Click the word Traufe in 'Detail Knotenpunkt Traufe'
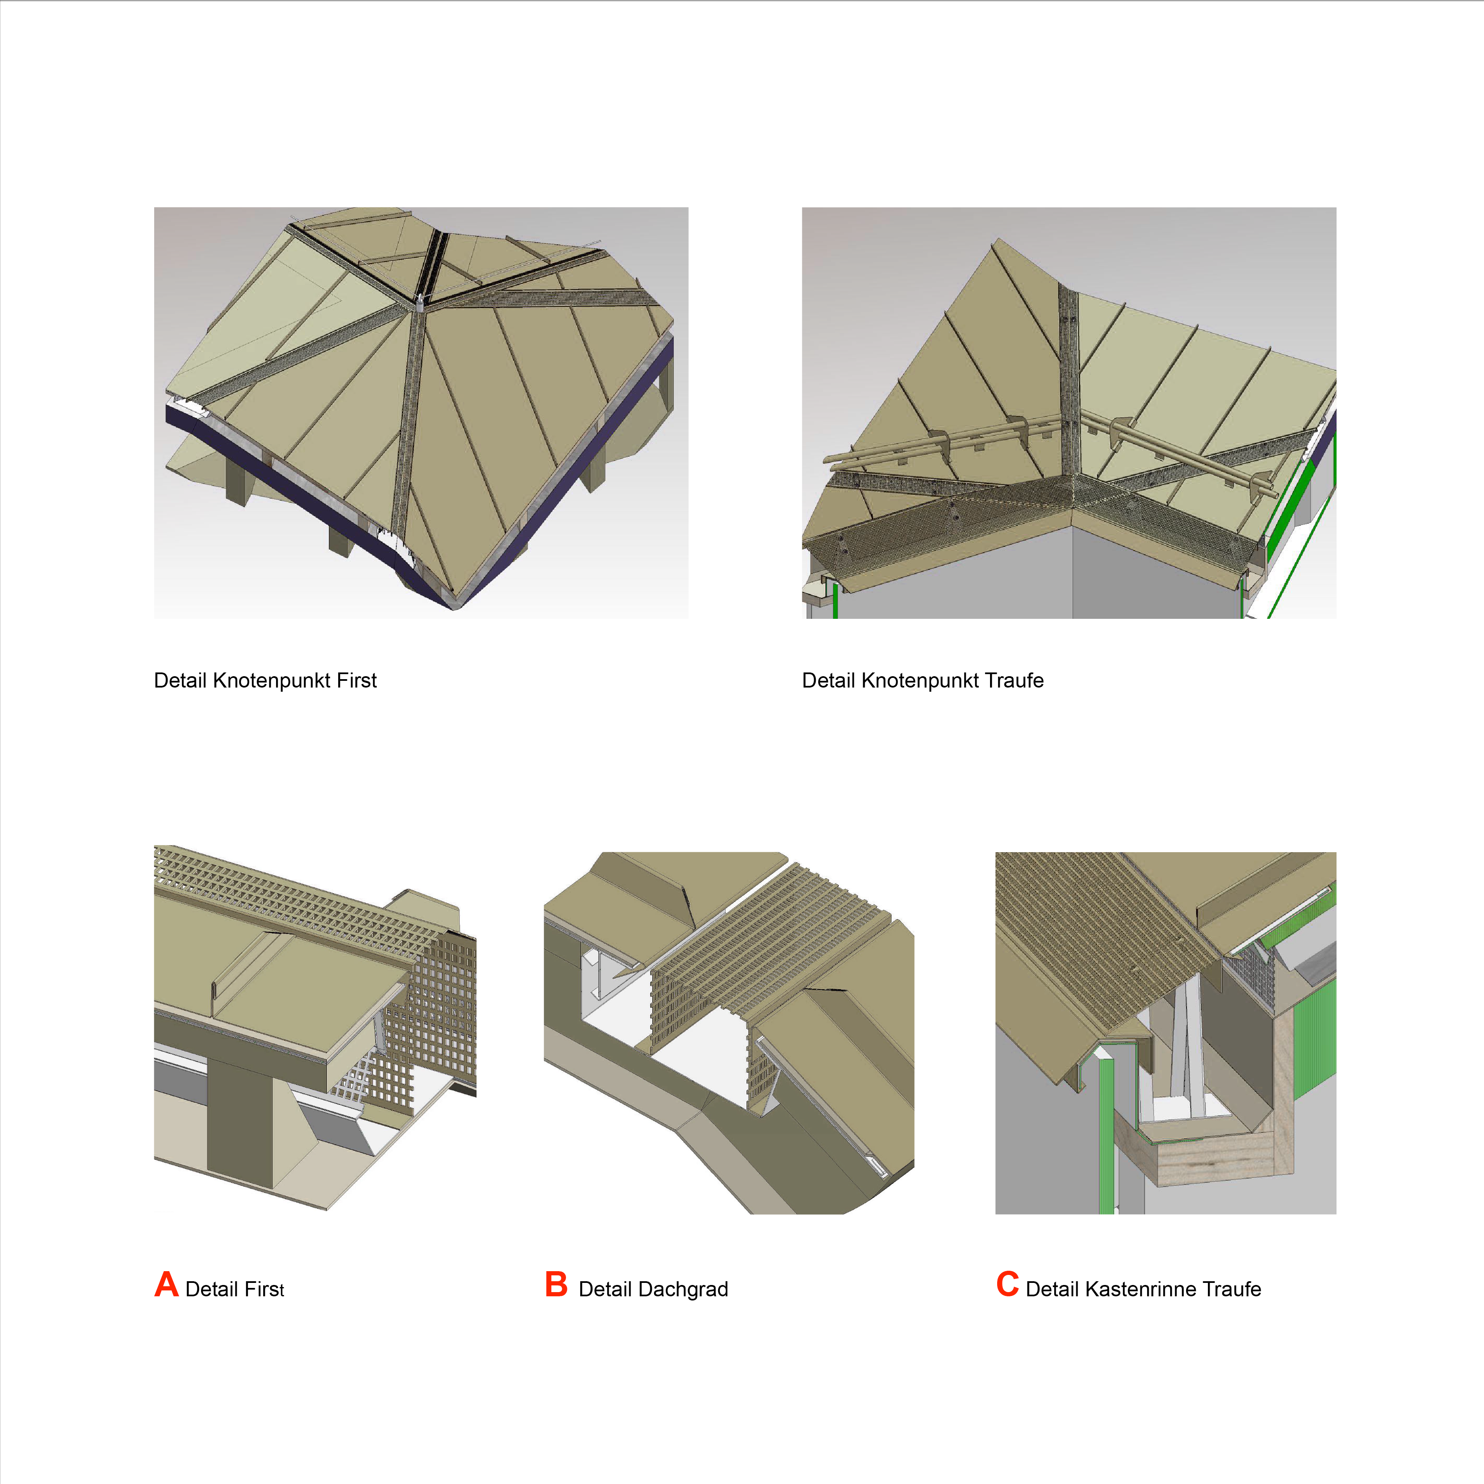coord(1014,680)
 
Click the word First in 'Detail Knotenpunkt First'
coord(357,680)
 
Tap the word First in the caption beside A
coord(264,1289)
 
